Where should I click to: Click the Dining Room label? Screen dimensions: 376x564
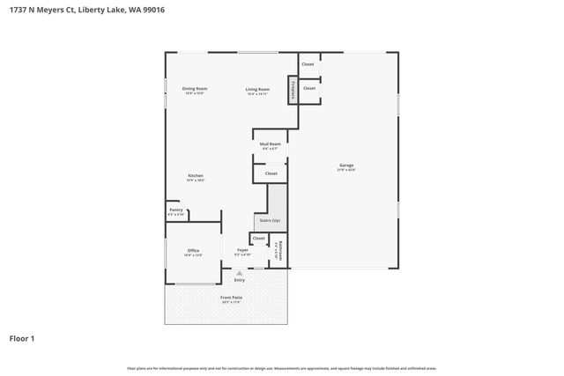click(x=194, y=89)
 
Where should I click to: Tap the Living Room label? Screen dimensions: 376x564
click(x=257, y=89)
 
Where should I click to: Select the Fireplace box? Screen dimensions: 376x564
click(x=292, y=90)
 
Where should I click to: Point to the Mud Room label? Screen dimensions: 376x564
click(x=271, y=144)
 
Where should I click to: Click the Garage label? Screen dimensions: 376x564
click(x=347, y=166)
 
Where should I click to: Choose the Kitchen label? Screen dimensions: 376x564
click(x=195, y=175)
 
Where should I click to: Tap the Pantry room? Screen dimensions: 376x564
click(x=176, y=211)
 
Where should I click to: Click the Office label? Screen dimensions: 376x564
click(x=193, y=251)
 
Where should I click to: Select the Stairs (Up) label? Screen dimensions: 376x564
click(x=270, y=220)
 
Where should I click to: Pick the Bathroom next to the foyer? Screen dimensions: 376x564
click(x=278, y=251)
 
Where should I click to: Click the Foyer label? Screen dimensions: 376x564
click(x=242, y=251)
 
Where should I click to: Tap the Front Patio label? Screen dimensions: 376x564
click(x=231, y=298)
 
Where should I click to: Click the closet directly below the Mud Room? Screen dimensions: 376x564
click(x=271, y=173)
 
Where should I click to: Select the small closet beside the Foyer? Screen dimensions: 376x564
click(x=258, y=238)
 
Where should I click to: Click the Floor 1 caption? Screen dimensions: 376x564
click(x=22, y=337)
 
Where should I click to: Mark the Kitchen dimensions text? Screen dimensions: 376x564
click(x=195, y=180)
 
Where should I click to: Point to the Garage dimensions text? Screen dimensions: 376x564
click(x=347, y=170)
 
